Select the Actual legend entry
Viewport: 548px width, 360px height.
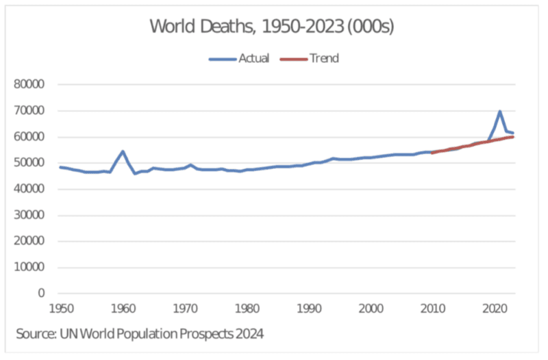coord(253,58)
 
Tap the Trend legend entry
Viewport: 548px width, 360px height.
coord(324,58)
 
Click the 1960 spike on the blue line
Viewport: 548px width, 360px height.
coord(123,151)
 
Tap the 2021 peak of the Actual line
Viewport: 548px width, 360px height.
coord(500,112)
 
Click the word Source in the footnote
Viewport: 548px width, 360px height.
coord(35,334)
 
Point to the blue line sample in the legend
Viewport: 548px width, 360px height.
coord(222,59)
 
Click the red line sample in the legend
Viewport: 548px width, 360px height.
coord(293,59)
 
